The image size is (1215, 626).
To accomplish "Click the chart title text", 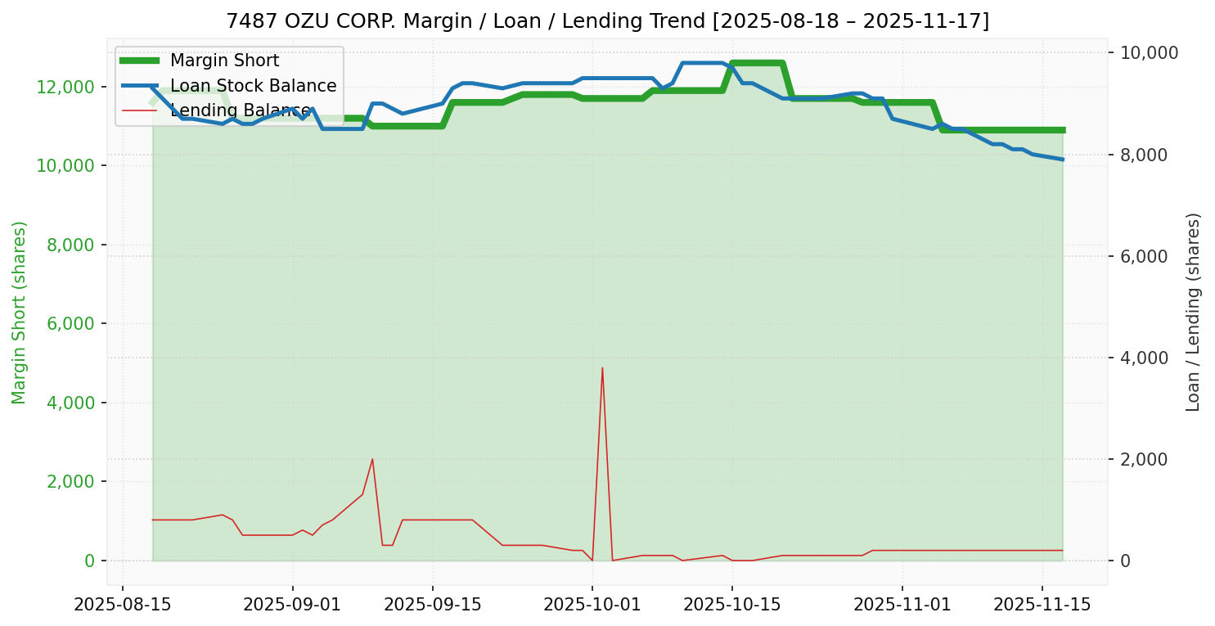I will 607,20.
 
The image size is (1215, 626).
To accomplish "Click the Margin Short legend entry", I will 224,61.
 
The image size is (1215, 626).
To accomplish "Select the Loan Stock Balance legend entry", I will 253,86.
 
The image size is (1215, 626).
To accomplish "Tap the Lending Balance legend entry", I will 240,110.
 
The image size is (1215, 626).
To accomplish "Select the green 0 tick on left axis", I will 90,561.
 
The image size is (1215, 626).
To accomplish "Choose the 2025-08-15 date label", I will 123,605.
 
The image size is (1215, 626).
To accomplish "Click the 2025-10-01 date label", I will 592,605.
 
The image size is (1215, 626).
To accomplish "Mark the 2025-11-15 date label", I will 1042,605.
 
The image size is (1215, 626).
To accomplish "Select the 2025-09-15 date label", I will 432,605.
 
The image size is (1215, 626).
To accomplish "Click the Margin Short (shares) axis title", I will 20,313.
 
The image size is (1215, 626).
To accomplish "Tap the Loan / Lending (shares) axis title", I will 1193,313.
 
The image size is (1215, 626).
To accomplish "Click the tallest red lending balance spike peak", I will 602,367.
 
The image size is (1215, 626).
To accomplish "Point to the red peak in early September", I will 372,459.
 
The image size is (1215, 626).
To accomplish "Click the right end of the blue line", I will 1062,159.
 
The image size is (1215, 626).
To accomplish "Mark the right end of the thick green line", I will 1062,130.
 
